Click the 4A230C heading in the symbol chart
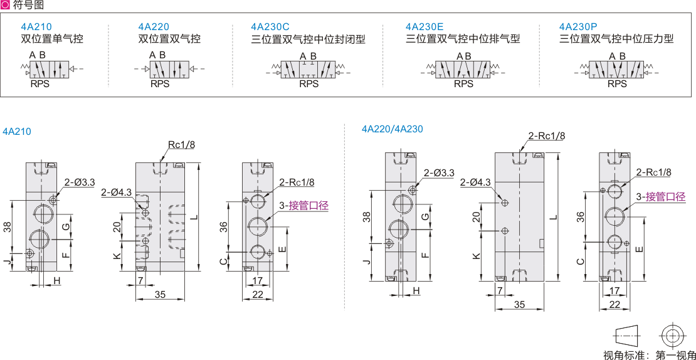click(x=270, y=27)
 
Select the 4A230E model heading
click(x=424, y=27)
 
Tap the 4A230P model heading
click(x=578, y=27)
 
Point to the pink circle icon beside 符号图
click(x=6, y=5)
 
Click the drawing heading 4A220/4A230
click(x=393, y=129)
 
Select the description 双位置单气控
click(x=52, y=39)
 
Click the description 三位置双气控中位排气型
click(x=463, y=39)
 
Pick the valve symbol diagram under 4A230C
click(x=308, y=69)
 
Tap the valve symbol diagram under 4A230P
click(x=616, y=69)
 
